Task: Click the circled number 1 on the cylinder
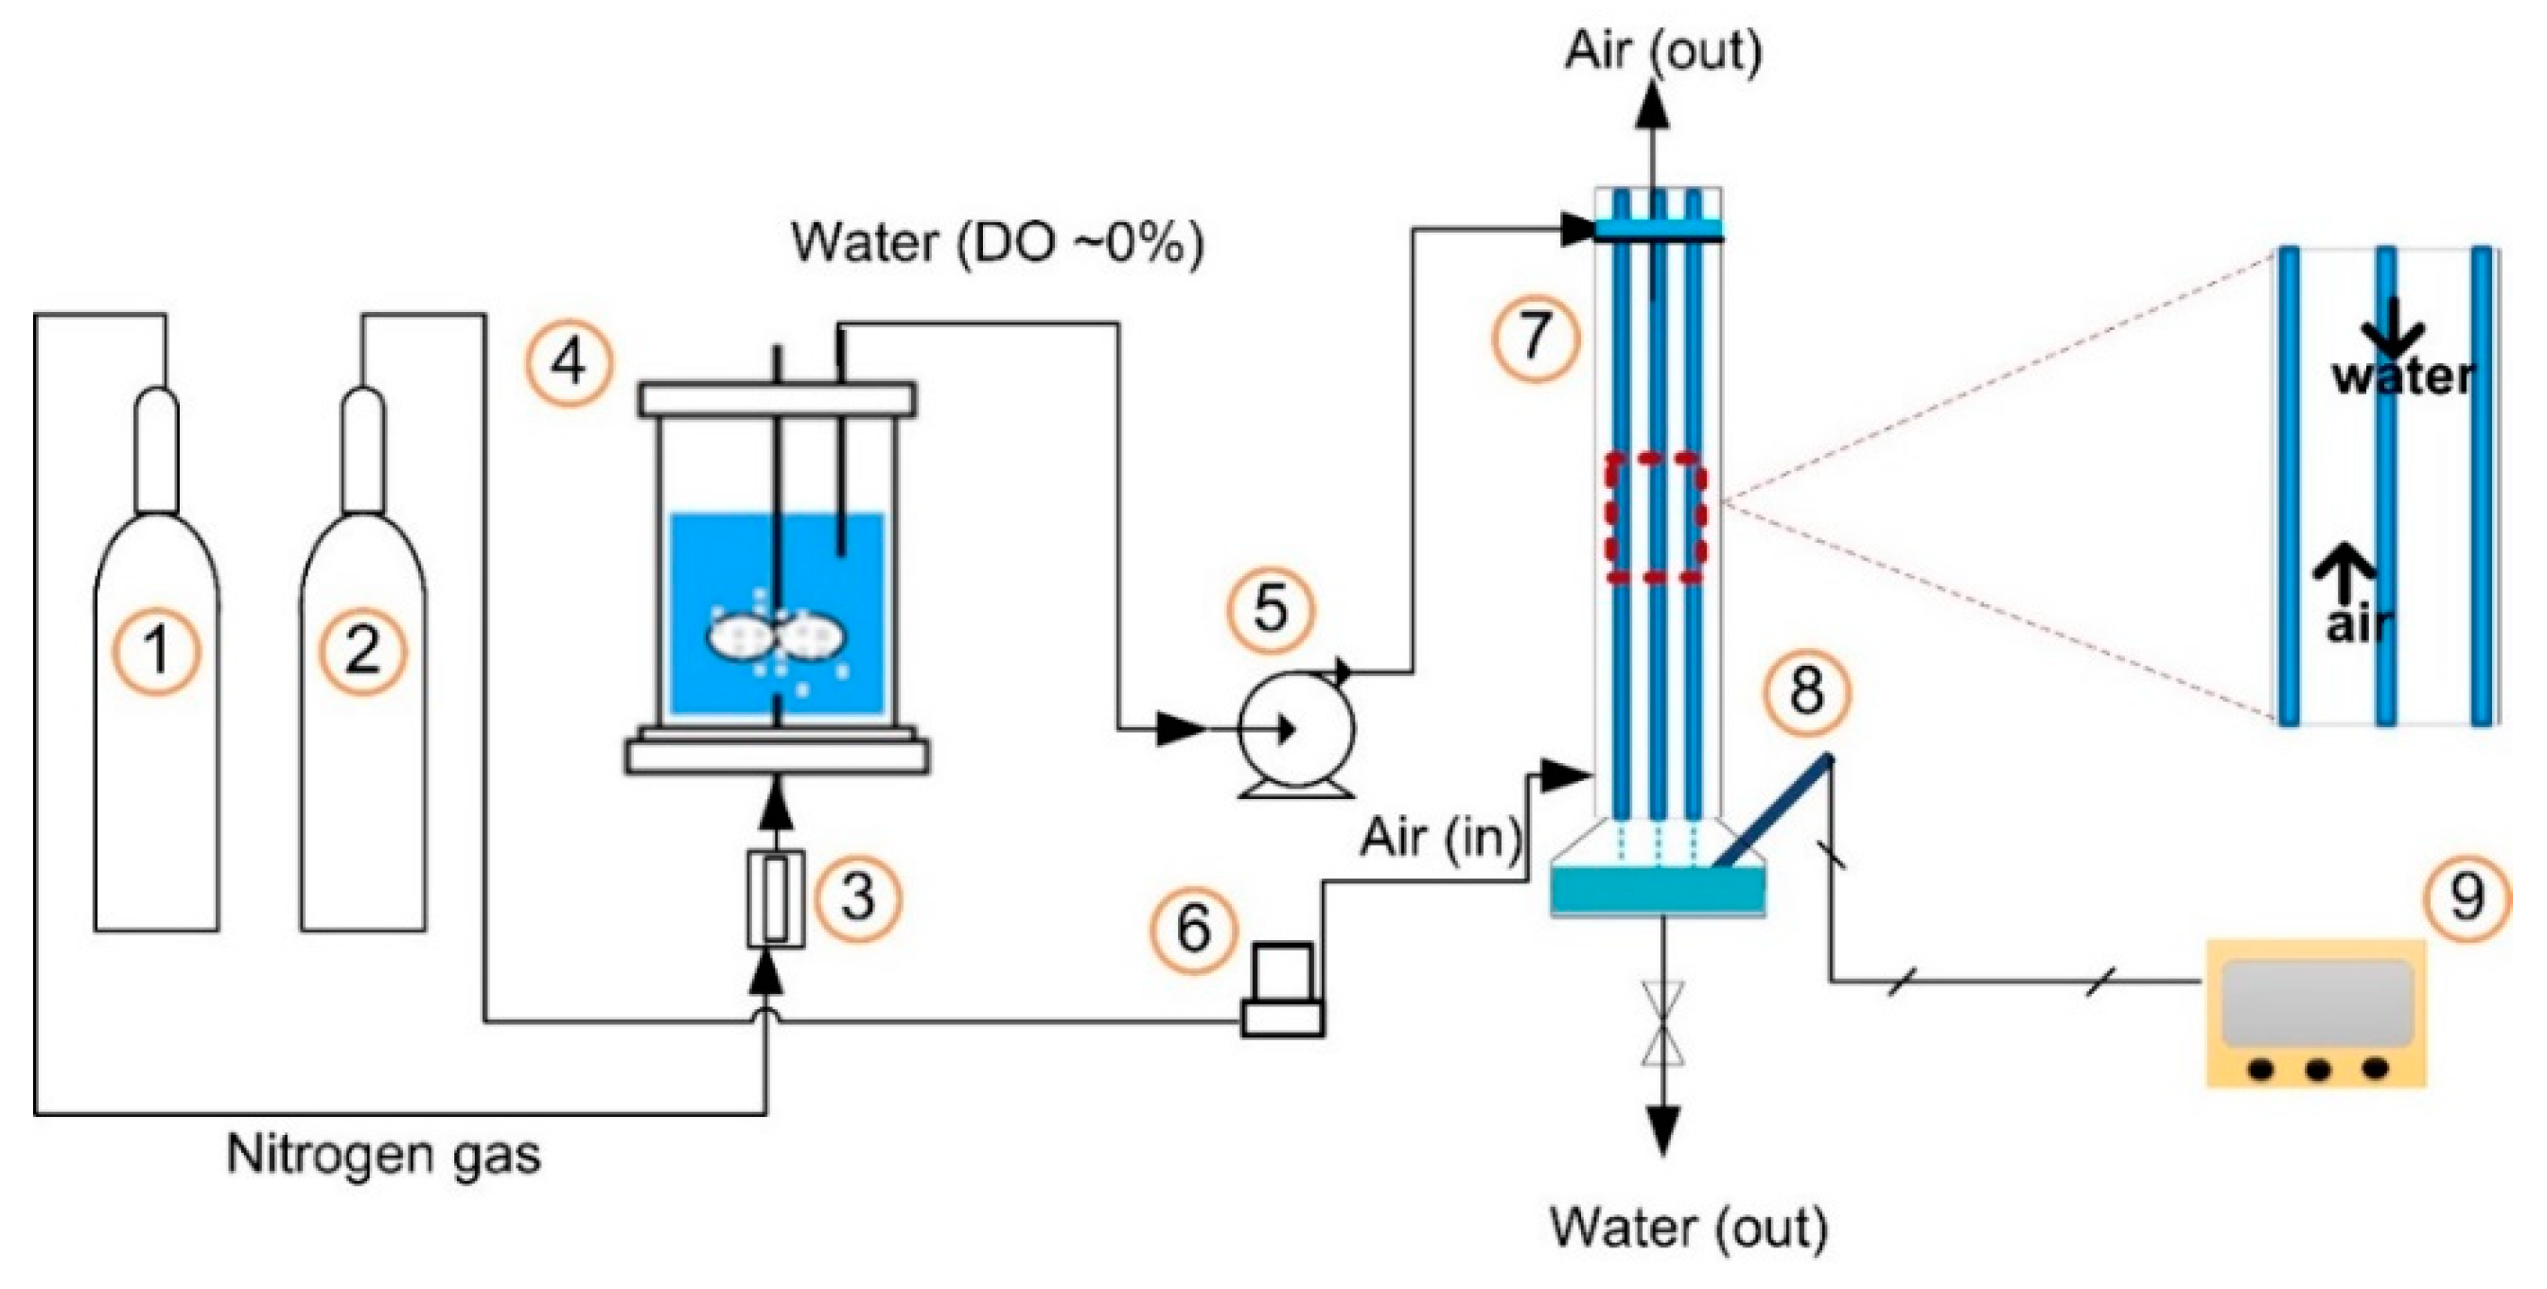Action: [156, 652]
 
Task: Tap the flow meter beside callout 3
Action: [775, 898]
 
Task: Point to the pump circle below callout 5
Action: [1296, 729]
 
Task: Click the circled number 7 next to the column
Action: [1535, 336]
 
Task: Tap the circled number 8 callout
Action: [1806, 691]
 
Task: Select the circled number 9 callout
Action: [2466, 897]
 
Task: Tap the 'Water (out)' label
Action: [1689, 1227]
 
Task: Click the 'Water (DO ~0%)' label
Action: [997, 242]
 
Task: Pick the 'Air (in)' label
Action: [1440, 838]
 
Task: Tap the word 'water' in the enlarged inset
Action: [2402, 377]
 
